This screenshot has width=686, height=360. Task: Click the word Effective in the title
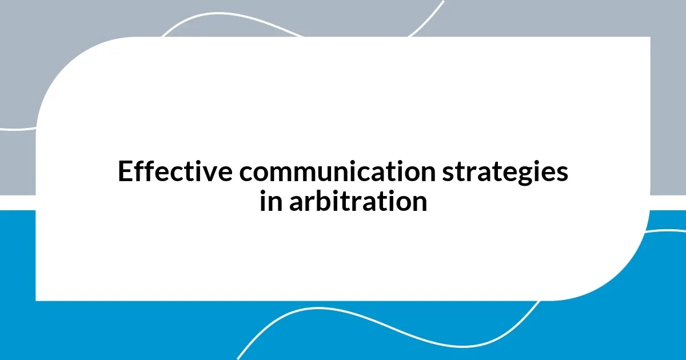(175, 172)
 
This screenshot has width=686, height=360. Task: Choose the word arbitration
(358, 202)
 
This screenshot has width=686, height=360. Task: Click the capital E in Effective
(124, 172)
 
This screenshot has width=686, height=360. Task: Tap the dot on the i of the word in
(263, 193)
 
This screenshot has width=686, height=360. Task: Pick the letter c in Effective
(177, 173)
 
